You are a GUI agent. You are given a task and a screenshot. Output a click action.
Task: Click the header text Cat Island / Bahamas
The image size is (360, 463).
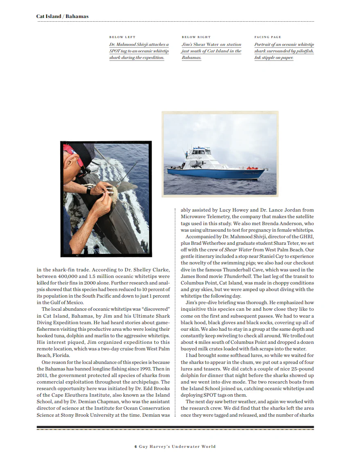point(62,16)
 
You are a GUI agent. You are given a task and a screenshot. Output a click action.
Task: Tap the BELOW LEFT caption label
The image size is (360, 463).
point(122,37)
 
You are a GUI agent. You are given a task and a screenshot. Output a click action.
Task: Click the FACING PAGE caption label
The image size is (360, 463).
point(267,37)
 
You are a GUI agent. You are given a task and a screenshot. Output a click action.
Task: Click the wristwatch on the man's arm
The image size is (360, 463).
point(88,190)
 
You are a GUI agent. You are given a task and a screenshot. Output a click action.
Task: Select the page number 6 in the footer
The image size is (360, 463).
point(136,447)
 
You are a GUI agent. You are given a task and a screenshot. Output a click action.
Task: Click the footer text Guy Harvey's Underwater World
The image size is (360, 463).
point(177,447)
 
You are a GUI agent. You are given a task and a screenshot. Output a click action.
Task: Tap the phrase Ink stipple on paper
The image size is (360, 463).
point(274,58)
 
